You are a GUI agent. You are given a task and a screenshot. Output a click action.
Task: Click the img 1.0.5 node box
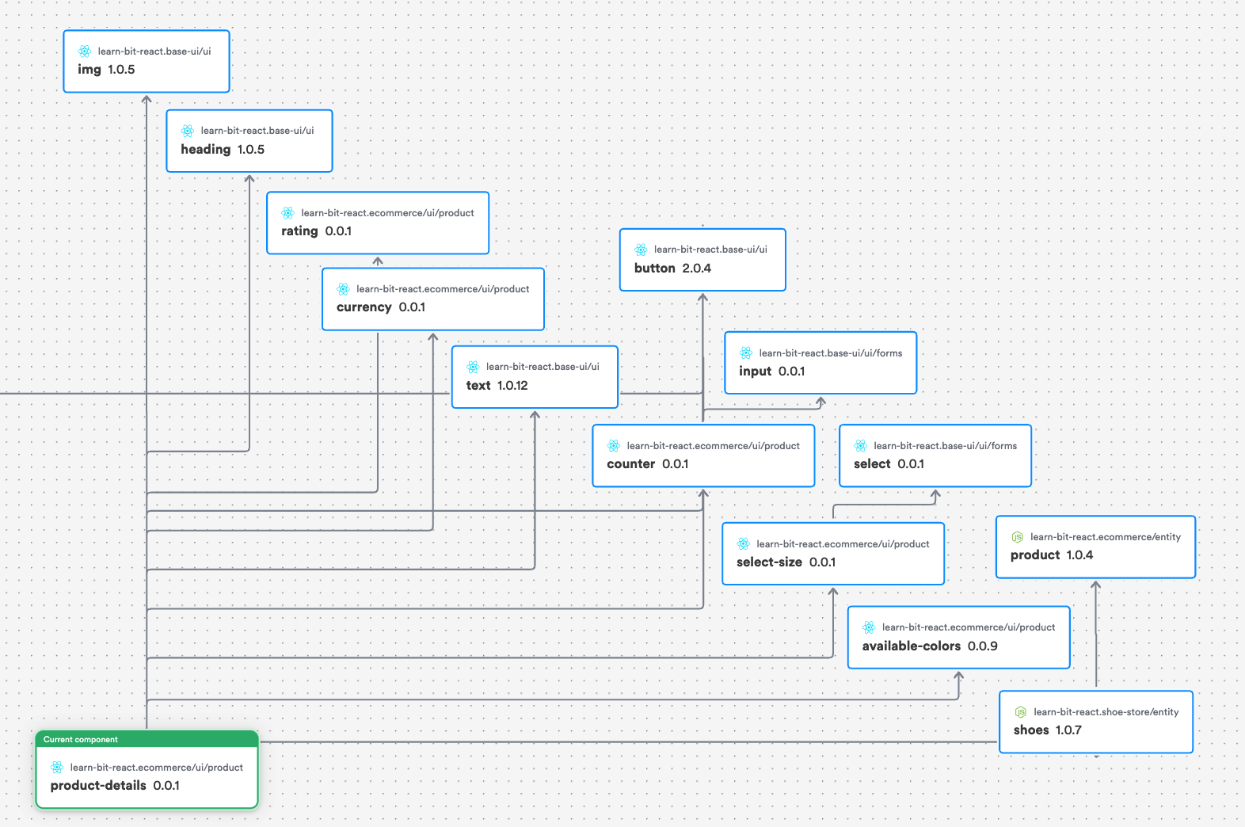tap(147, 61)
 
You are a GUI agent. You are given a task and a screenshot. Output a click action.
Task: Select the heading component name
tap(205, 149)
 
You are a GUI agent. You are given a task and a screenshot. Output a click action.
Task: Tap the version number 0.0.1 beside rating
tap(338, 231)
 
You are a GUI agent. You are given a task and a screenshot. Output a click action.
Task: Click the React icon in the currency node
tap(343, 289)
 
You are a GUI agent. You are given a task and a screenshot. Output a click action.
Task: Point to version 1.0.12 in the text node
tap(512, 386)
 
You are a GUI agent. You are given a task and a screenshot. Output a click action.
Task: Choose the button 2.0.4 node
tap(702, 260)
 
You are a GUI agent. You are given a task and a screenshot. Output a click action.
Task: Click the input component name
tap(755, 372)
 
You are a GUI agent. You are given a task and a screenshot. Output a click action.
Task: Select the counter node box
tap(703, 455)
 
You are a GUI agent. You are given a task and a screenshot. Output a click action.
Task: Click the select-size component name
tap(769, 562)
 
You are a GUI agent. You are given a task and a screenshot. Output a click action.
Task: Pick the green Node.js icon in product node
tap(1018, 537)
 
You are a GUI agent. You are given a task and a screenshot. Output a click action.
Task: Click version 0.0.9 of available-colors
tap(983, 646)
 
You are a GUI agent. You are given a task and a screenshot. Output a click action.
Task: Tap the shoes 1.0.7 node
tap(1095, 722)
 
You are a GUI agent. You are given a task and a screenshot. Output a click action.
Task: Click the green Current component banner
tap(147, 739)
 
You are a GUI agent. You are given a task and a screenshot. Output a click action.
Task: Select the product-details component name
tap(98, 786)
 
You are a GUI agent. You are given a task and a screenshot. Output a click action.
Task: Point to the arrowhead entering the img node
tap(147, 99)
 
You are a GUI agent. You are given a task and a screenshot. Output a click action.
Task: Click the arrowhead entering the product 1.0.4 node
tap(1096, 585)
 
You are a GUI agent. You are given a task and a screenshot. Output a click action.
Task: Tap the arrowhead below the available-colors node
tap(959, 676)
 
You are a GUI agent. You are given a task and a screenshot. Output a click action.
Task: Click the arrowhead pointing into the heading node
tap(249, 178)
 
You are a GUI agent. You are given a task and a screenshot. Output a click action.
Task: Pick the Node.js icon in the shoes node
tap(1021, 712)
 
